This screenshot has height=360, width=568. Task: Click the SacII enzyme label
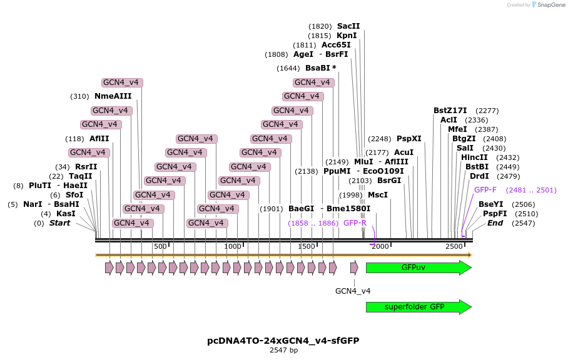tap(348, 26)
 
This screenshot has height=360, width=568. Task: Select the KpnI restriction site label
tap(347, 36)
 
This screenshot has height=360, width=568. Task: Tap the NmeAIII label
tap(113, 96)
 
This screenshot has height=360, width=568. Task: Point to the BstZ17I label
tap(450, 111)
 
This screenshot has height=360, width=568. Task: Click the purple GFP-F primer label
tap(485, 190)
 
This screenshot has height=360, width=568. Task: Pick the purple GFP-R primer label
tap(355, 223)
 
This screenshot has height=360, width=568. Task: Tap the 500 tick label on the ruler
tap(160, 247)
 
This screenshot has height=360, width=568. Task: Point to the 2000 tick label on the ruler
tap(380, 247)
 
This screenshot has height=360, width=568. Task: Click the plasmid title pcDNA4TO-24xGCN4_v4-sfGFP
tap(283, 341)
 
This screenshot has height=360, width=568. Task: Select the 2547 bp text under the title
tap(283, 351)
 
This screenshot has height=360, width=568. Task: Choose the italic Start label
tap(59, 223)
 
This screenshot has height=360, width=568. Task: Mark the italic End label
tap(495, 223)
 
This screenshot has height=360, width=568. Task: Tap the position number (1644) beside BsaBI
tap(288, 68)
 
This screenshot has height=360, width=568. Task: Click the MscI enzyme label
tap(377, 195)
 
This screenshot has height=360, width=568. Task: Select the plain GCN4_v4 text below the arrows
tap(353, 291)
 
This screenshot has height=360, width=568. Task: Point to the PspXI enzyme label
tap(409, 139)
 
